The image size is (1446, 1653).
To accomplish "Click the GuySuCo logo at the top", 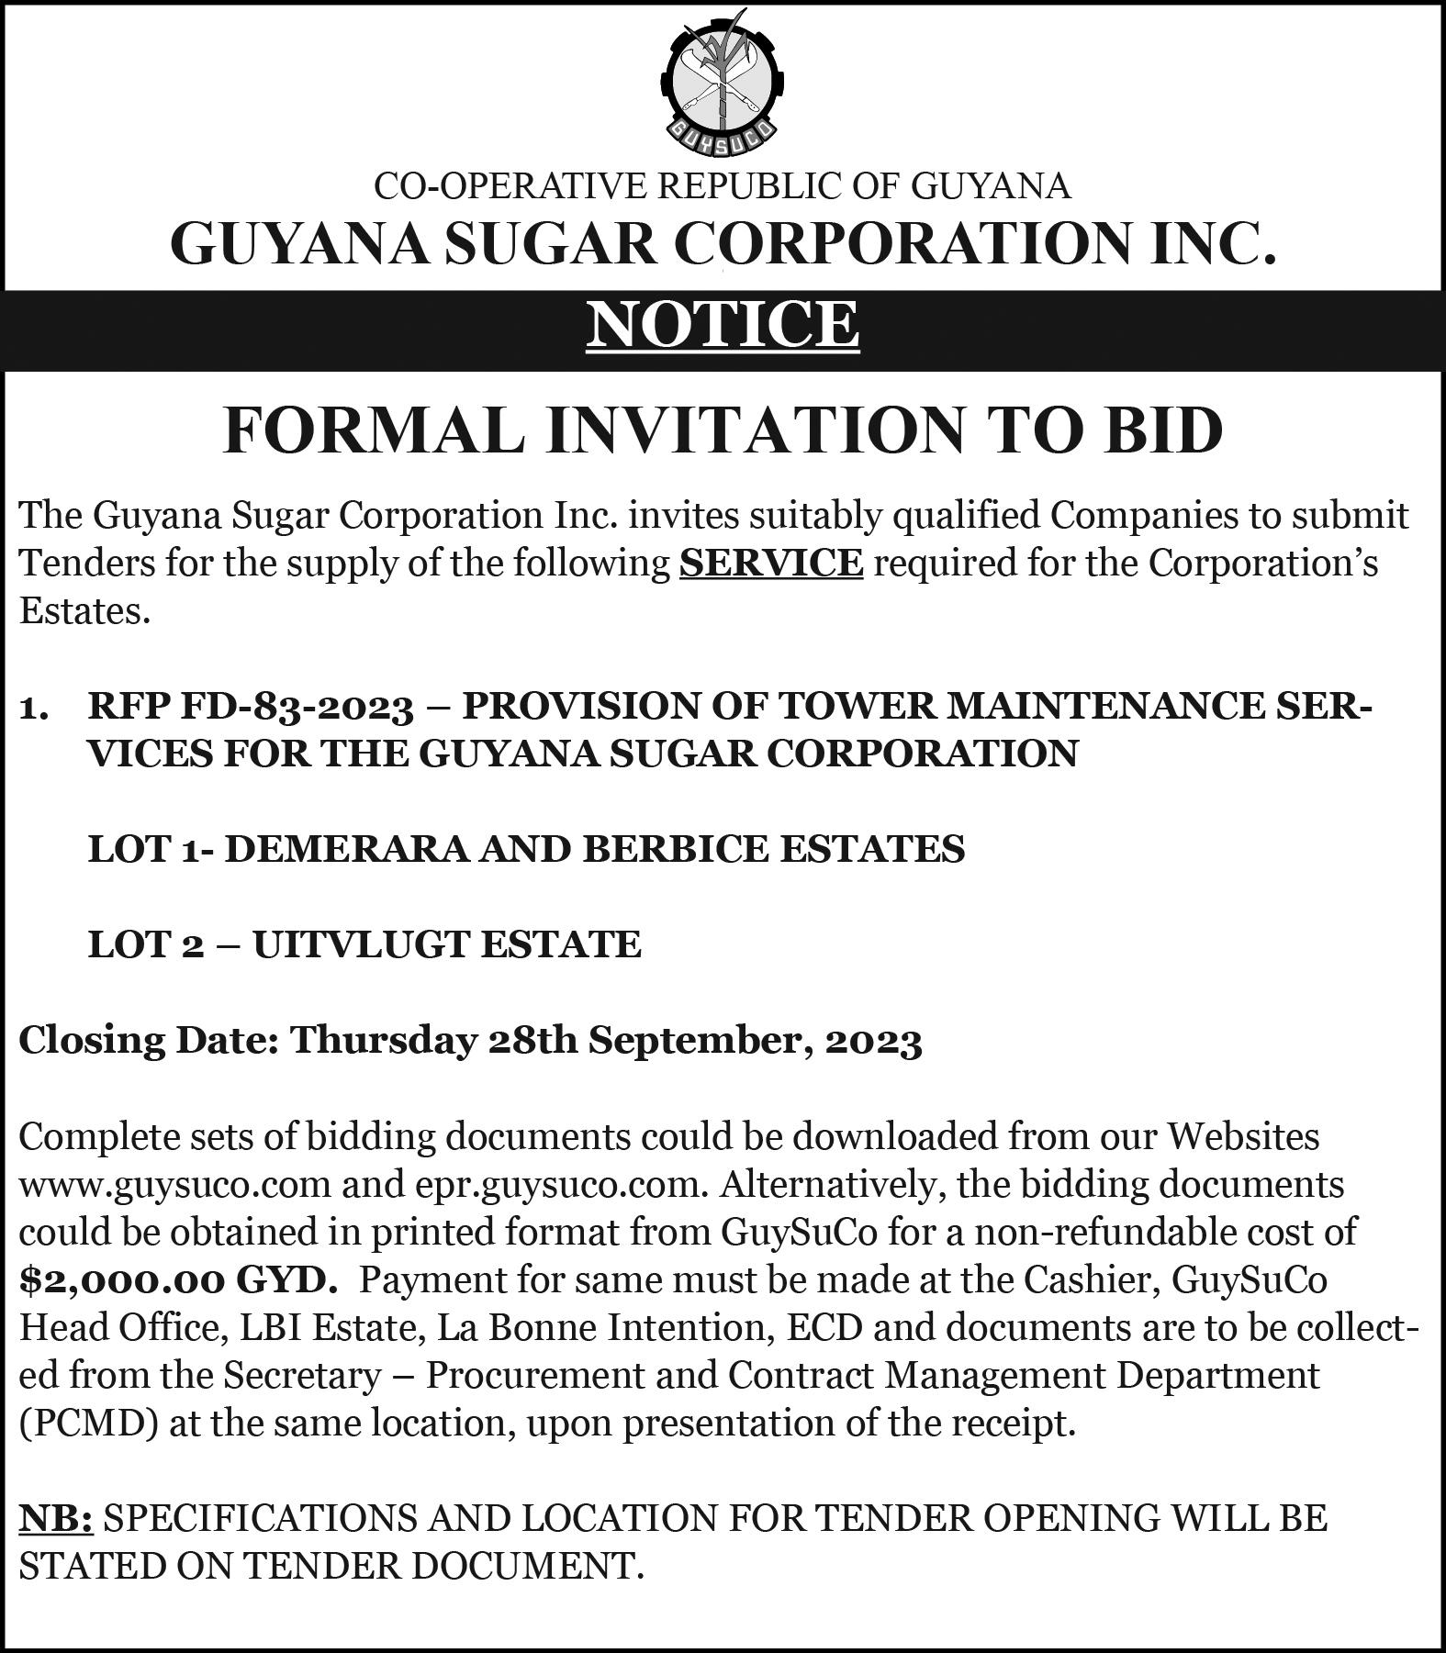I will [722, 83].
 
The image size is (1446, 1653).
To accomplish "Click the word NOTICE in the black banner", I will [723, 323].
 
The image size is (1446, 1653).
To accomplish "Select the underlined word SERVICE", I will [771, 562].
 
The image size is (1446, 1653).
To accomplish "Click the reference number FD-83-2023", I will [297, 706].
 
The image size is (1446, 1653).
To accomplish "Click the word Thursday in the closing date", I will [384, 1041].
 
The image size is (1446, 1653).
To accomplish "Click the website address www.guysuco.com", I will [174, 1185].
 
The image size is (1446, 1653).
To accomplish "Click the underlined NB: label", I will [55, 1519].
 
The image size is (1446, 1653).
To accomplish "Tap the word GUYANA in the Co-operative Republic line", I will [991, 186].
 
